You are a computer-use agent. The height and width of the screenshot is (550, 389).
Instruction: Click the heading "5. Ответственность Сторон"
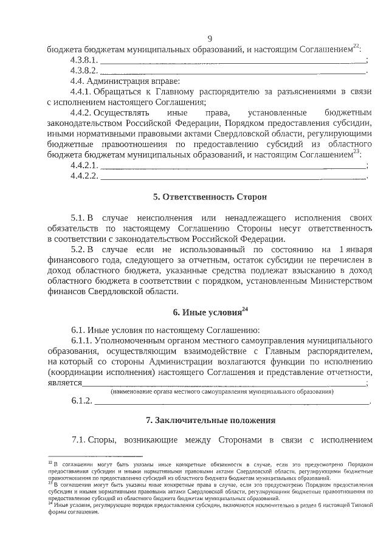pyautogui.click(x=210, y=198)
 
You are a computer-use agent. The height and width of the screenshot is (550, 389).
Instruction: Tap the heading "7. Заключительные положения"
pyautogui.click(x=210, y=420)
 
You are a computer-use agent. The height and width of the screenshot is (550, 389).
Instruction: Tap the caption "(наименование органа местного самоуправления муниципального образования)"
pyautogui.click(x=222, y=392)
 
